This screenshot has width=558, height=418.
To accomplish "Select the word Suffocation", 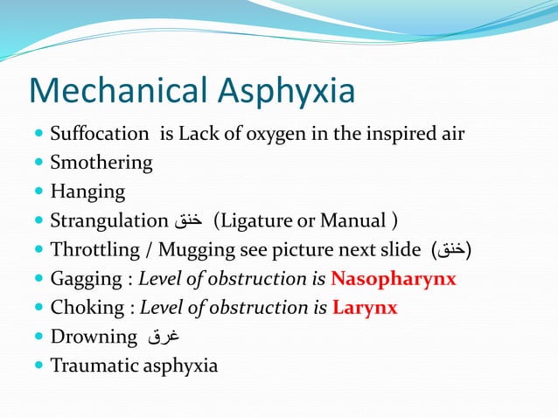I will (100, 135).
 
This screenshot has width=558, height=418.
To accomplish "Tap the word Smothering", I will (101, 164).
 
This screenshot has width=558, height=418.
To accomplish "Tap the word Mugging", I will (192, 251).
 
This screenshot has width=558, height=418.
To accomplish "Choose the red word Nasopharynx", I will (394, 280).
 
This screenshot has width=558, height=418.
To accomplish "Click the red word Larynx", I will (365, 309).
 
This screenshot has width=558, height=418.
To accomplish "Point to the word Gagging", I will (86, 280).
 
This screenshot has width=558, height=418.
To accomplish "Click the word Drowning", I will (94, 338).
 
